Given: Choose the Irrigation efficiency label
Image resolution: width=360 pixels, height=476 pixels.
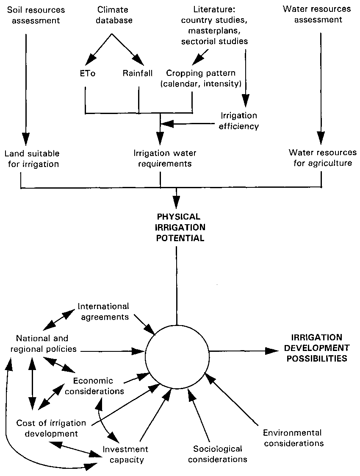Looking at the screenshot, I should [239, 121].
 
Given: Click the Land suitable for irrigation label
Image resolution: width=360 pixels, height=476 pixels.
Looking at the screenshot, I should [33, 158].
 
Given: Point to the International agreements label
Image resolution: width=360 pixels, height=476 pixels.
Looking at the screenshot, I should [103, 311].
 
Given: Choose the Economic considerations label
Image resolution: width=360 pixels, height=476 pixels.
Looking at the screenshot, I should [98, 385].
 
